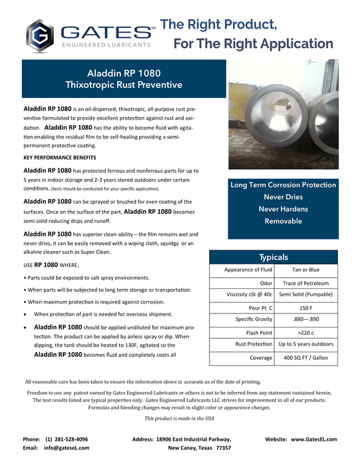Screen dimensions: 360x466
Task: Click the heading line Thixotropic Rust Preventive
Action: click(x=124, y=85)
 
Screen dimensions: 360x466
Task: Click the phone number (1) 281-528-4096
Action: click(x=67, y=439)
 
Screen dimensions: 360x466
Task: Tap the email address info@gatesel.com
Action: click(x=67, y=449)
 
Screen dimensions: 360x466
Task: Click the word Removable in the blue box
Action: click(x=283, y=221)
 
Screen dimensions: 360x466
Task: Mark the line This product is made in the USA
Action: click(x=179, y=418)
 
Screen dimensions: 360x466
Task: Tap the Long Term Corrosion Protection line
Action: click(x=283, y=184)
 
